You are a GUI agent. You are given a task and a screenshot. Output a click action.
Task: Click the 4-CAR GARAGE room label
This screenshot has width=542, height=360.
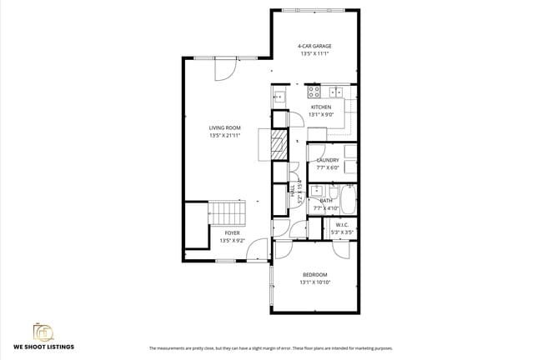pyautogui.click(x=314, y=46)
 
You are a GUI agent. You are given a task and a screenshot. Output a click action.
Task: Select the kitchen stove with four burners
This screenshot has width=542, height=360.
pyautogui.click(x=314, y=92)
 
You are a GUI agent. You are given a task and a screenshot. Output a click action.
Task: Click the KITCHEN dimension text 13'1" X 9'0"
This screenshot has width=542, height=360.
pyautogui.click(x=321, y=114)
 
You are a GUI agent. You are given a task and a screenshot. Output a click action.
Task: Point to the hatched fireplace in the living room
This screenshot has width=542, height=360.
pyautogui.click(x=277, y=147)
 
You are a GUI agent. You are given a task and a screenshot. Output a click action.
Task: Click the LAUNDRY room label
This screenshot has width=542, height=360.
pyautogui.click(x=327, y=160)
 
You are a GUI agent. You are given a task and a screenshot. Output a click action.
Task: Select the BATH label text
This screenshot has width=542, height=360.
pyautogui.click(x=326, y=201)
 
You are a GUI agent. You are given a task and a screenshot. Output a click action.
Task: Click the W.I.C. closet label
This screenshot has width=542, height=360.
pyautogui.click(x=342, y=225)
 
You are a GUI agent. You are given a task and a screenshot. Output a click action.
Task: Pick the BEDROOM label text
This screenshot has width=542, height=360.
pyautogui.click(x=314, y=275)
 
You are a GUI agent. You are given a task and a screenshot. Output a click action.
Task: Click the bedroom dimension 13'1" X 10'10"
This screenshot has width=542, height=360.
pyautogui.click(x=314, y=282)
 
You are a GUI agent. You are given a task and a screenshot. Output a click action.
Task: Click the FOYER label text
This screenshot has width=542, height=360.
pyautogui.click(x=231, y=233)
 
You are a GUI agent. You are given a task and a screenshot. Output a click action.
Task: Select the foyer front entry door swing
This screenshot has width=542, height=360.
pyautogui.click(x=259, y=248)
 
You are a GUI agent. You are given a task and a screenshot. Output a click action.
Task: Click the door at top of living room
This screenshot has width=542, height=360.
pyautogui.click(x=223, y=70)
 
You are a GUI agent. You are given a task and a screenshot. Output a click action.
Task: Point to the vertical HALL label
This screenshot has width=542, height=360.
pyautogui.click(x=293, y=191)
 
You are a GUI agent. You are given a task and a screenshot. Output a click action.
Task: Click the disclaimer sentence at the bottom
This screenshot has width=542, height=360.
pyautogui.click(x=270, y=347)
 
